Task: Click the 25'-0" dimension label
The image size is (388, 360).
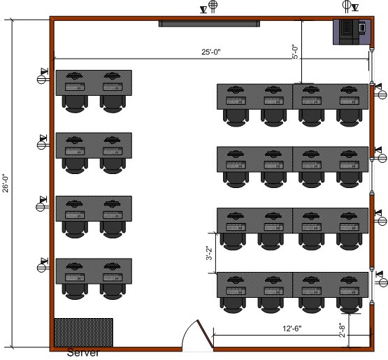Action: pos(210,52)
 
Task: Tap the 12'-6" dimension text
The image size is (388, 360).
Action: pos(292,329)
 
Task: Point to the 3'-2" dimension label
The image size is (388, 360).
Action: pos(209,253)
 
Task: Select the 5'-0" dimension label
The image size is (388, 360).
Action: pos(295,52)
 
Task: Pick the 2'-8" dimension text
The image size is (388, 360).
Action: pos(342,330)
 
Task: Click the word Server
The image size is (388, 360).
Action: pos(83,352)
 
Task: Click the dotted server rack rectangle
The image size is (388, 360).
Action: pos(84,333)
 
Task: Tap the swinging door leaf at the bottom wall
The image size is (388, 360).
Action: pos(205,333)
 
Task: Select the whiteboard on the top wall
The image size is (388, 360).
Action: pos(209,24)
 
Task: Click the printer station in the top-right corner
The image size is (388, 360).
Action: pos(352,32)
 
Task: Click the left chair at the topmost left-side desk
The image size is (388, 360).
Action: pos(75,104)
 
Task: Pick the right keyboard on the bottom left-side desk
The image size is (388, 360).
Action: pos(113,278)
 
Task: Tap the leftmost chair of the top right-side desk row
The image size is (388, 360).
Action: pos(236,117)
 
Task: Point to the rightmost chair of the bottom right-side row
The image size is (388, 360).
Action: pos(349,305)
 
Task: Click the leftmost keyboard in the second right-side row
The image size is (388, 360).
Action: pos(236,164)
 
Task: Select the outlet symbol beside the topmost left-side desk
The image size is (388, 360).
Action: pos(43,76)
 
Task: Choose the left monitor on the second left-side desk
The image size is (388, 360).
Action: pos(75,141)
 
